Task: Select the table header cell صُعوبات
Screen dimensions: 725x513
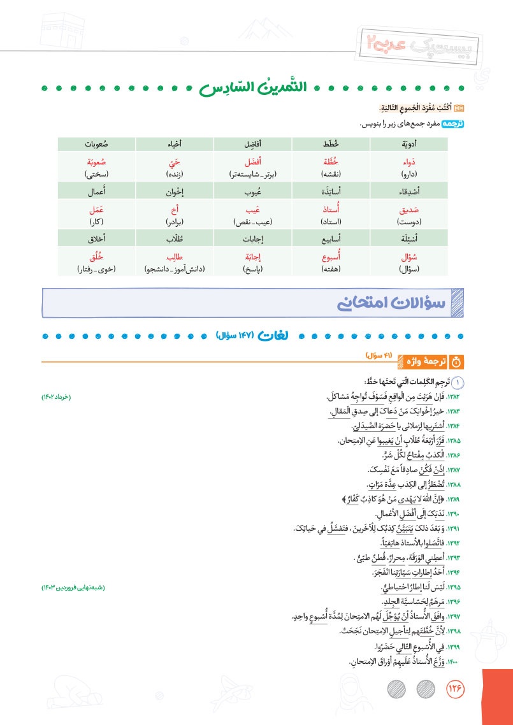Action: (98, 141)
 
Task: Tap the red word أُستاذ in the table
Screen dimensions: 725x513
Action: (329, 209)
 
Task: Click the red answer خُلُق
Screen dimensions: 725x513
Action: (97, 257)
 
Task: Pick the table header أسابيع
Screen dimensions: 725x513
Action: (329, 238)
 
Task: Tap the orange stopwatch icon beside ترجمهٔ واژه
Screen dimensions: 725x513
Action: (456, 362)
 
